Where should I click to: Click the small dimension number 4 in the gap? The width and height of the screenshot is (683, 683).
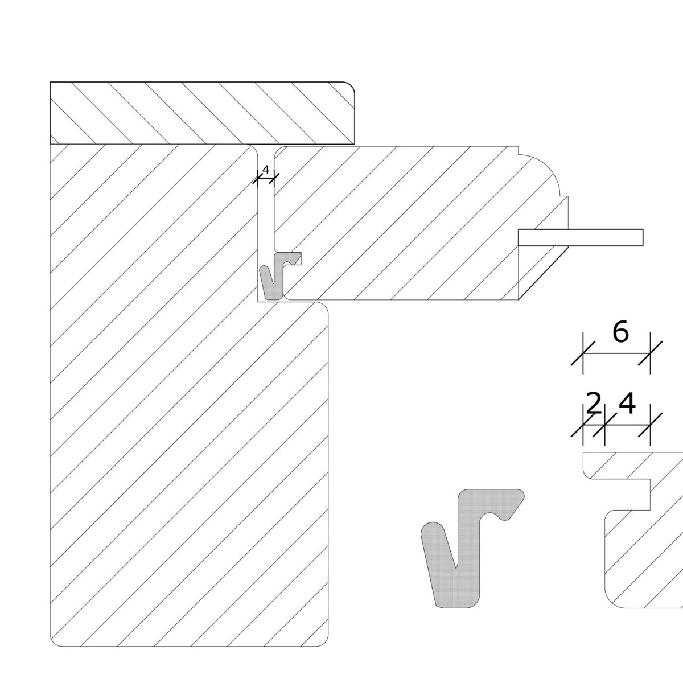tap(266, 170)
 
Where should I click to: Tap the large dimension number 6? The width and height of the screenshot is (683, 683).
tap(620, 332)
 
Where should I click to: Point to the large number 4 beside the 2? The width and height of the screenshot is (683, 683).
tap(627, 404)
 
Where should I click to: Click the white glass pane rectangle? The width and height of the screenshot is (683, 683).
tap(581, 237)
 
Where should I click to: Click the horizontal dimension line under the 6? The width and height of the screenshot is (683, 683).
tap(617, 353)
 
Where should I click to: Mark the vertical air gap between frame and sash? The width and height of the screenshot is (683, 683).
tap(266, 213)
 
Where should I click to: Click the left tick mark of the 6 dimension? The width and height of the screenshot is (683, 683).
tap(583, 353)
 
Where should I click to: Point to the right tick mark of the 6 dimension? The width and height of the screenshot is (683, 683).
tap(651, 353)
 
